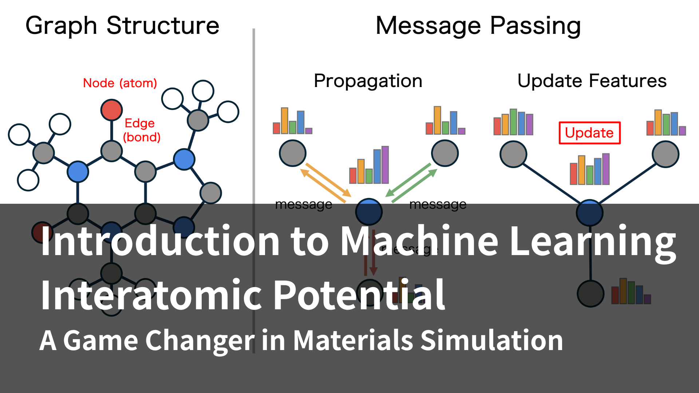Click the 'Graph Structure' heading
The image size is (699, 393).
[122, 26]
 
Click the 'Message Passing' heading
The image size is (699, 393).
[478, 26]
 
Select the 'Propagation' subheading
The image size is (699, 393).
[368, 81]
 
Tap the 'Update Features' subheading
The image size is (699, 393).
[592, 81]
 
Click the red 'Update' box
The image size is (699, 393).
[589, 133]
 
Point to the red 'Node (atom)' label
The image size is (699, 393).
[120, 83]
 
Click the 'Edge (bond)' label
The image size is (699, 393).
[141, 130]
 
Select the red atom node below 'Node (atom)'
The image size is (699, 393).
[111, 110]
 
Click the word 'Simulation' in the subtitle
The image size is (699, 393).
[491, 341]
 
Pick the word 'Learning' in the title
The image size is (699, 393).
[593, 241]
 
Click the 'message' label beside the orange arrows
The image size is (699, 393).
[304, 205]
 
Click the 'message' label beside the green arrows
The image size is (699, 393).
[438, 205]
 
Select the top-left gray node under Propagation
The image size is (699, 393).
[293, 153]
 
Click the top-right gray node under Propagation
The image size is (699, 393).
[445, 153]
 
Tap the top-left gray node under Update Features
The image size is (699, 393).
[513, 154]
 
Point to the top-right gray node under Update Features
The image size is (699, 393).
[666, 154]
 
